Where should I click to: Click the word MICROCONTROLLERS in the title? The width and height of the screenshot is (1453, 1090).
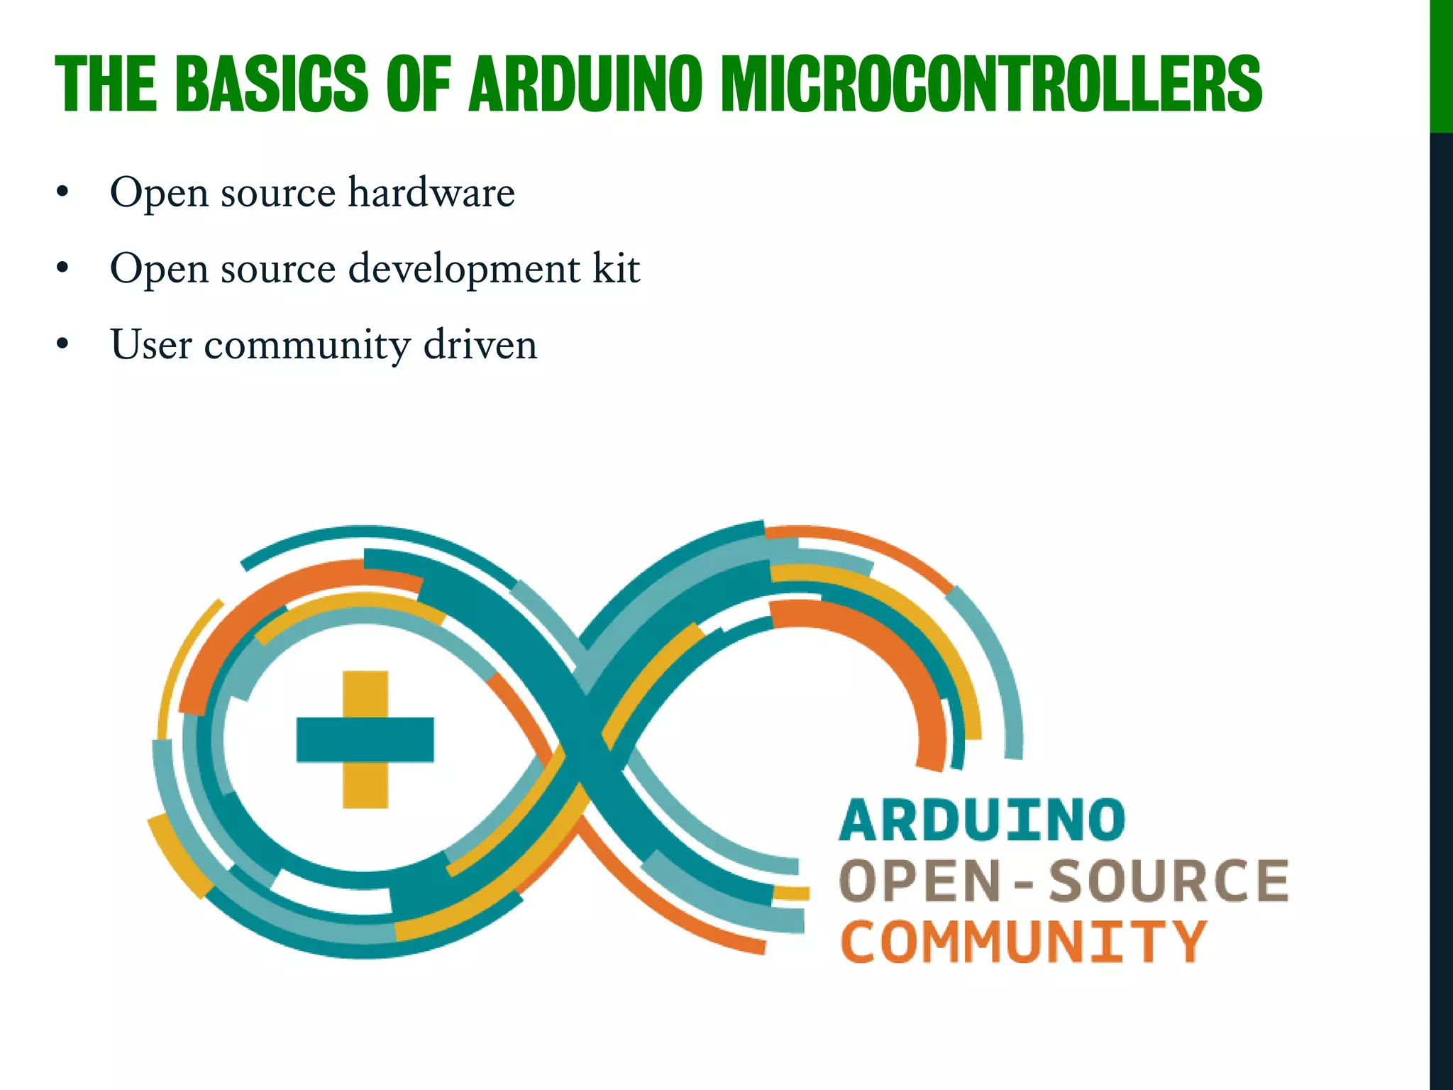[991, 84]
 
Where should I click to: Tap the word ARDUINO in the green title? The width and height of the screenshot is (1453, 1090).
[585, 84]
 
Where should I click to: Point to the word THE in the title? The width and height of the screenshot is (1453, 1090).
[106, 84]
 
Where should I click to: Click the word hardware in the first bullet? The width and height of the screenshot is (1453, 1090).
[431, 192]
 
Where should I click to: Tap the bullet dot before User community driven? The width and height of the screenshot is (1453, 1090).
[63, 344]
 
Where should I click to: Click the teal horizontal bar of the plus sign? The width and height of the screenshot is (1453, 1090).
[365, 739]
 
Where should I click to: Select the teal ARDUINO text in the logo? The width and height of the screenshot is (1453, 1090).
[982, 820]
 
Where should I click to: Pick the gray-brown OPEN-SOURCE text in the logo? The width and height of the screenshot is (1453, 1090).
[1063, 881]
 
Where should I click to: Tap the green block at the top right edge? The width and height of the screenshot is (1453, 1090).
[1441, 66]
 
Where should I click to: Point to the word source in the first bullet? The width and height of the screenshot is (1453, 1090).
[277, 194]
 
